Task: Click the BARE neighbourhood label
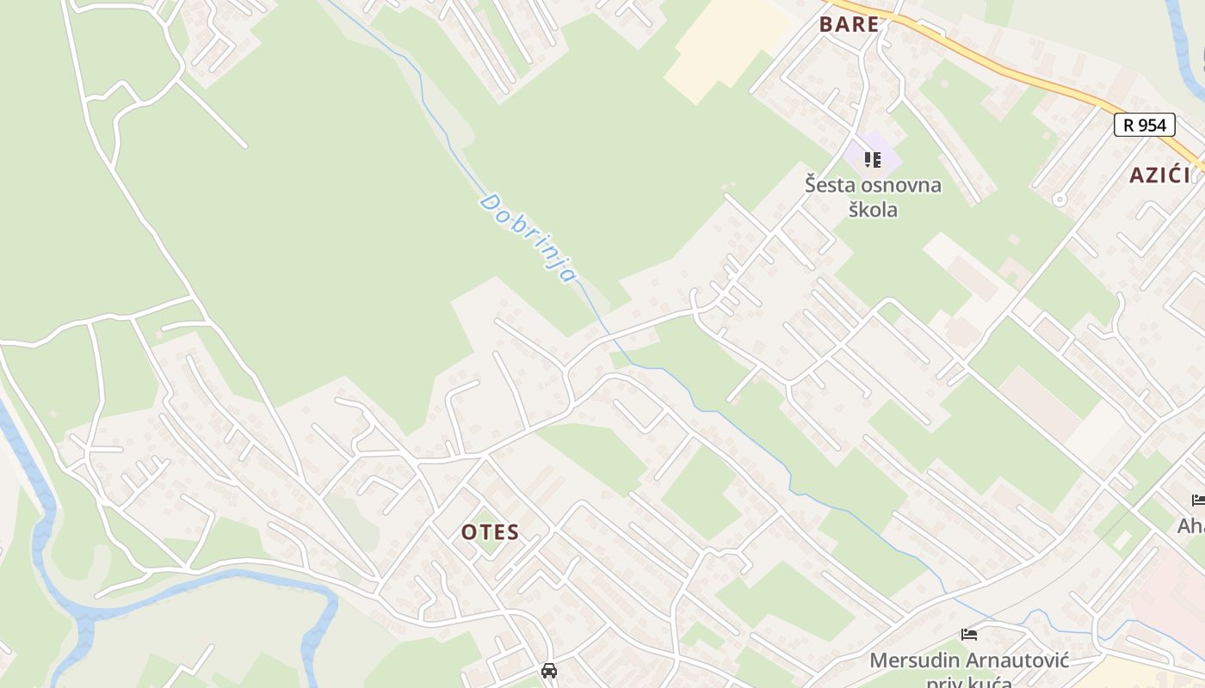pyautogui.click(x=850, y=24)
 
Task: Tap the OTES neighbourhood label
pyautogui.click(x=490, y=531)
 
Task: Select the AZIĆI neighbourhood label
pyautogui.click(x=1159, y=175)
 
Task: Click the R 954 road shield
pyautogui.click(x=1145, y=125)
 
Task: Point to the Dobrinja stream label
pyautogui.click(x=528, y=238)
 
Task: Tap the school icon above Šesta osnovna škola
pyautogui.click(x=873, y=160)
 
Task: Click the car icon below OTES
pyautogui.click(x=548, y=670)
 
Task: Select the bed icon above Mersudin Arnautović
pyautogui.click(x=969, y=636)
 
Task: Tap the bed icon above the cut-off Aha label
pyautogui.click(x=1198, y=500)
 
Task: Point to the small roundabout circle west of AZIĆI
pyautogui.click(x=1060, y=200)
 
